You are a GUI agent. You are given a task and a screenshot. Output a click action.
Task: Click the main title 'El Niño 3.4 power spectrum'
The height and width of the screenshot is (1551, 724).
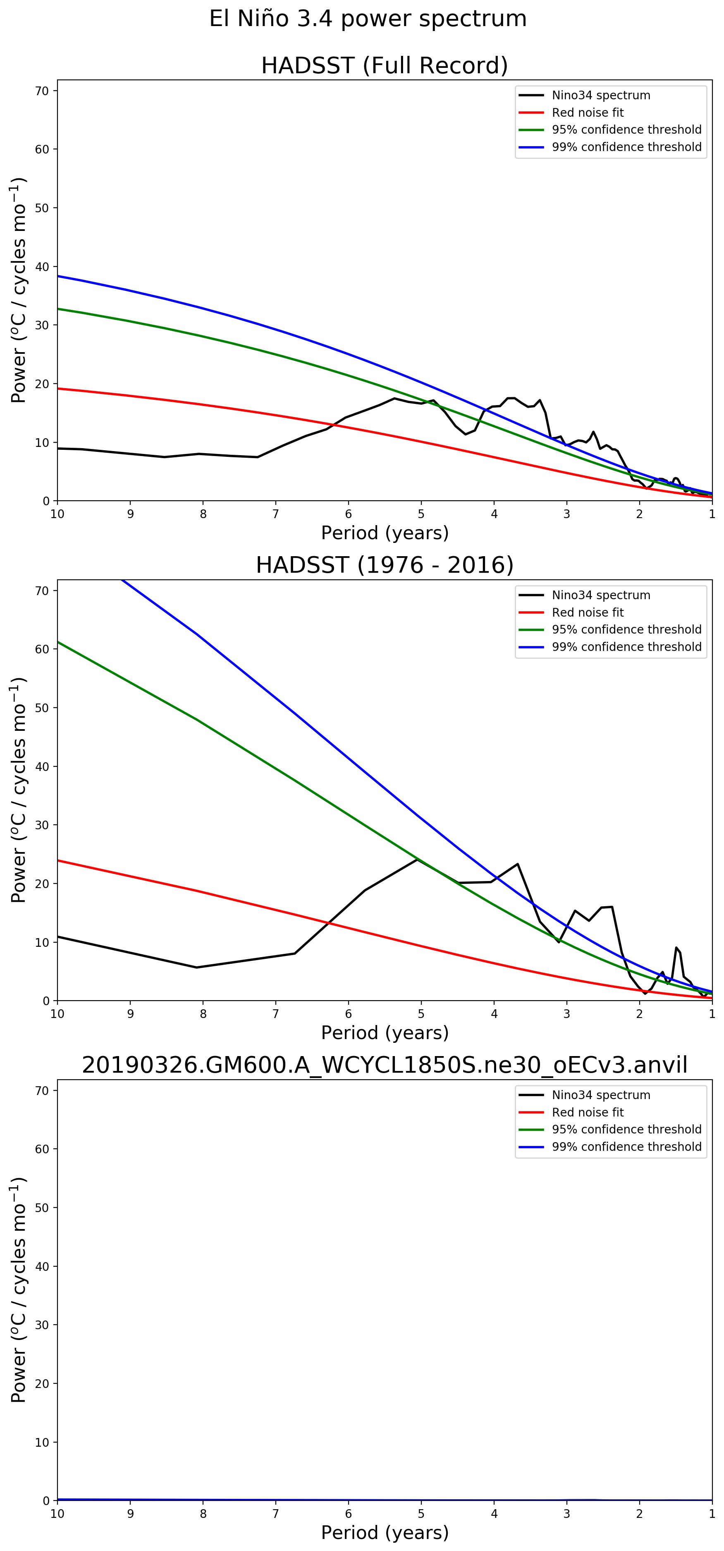368,19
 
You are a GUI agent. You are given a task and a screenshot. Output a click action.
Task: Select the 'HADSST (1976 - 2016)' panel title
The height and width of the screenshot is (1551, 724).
385,565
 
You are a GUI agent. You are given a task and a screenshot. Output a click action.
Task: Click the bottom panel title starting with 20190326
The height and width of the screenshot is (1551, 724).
385,1065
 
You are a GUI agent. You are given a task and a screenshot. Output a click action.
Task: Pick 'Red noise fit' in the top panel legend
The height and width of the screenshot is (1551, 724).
588,113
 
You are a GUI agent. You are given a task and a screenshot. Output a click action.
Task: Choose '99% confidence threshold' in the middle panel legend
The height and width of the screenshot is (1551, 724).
626,647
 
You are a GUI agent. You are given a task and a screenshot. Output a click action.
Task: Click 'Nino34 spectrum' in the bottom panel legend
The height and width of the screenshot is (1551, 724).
601,1095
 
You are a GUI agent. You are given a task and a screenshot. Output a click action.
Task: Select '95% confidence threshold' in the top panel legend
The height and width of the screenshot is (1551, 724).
626,130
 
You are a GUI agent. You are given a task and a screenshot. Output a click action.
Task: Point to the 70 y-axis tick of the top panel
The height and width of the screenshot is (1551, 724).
42,91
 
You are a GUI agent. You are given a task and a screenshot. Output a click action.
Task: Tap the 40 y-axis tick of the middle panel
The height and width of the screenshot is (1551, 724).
42,766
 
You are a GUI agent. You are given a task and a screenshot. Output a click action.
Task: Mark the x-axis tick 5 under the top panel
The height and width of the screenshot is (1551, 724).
421,514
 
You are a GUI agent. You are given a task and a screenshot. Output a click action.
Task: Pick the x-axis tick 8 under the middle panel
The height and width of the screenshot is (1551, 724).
203,1014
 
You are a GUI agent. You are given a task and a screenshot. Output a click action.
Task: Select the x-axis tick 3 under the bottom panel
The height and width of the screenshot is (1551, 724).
567,1514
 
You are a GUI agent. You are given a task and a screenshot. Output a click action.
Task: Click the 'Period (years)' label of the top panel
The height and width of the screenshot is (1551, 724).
385,533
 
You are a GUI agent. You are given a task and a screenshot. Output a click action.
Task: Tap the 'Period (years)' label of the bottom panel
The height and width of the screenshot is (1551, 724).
385,1532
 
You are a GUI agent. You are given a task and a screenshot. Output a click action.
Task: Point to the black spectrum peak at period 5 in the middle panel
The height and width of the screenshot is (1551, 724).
418,859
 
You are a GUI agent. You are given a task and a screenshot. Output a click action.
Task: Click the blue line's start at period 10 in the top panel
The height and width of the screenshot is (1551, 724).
58,276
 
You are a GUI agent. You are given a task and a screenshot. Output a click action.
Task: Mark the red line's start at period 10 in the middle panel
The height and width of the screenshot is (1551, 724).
58,860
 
